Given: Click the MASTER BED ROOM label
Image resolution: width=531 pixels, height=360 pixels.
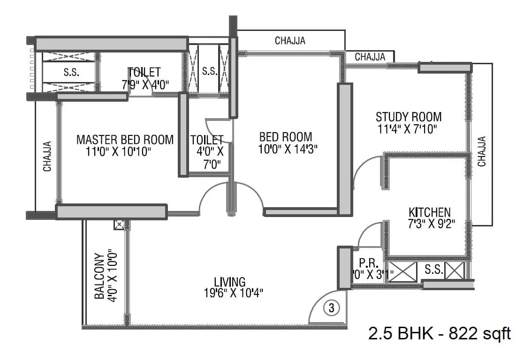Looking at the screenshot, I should click(x=125, y=140).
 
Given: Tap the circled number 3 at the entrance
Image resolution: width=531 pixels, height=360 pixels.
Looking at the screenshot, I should click(x=331, y=308).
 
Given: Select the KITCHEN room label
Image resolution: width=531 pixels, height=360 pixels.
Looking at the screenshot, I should click(x=429, y=212).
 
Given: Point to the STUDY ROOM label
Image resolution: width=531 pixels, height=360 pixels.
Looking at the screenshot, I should click(x=409, y=117).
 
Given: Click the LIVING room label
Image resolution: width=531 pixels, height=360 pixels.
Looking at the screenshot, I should click(x=229, y=282).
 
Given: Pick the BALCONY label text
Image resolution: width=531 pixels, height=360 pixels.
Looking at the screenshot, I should click(x=99, y=277).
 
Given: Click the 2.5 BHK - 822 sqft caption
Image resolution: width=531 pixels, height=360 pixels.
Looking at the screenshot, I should click(x=439, y=334).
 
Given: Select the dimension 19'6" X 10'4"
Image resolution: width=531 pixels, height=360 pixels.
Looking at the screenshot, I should click(x=230, y=293).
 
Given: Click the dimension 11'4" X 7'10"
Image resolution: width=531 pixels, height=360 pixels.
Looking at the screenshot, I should click(x=407, y=129).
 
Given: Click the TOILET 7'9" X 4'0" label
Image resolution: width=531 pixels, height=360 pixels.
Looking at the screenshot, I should click(x=144, y=78).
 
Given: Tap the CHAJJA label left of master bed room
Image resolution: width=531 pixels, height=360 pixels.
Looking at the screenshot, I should click(x=47, y=156).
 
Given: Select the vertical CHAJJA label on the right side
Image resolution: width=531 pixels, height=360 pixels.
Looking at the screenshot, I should click(x=482, y=151).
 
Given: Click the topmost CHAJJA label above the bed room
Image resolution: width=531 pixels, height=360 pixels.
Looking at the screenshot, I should click(x=290, y=41).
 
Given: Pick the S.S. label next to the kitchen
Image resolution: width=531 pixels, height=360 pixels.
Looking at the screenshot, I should click(x=432, y=270).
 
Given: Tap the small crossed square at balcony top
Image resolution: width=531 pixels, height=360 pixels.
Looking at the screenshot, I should click(x=119, y=225).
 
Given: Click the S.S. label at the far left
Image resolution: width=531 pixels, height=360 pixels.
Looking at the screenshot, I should click(x=71, y=73).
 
